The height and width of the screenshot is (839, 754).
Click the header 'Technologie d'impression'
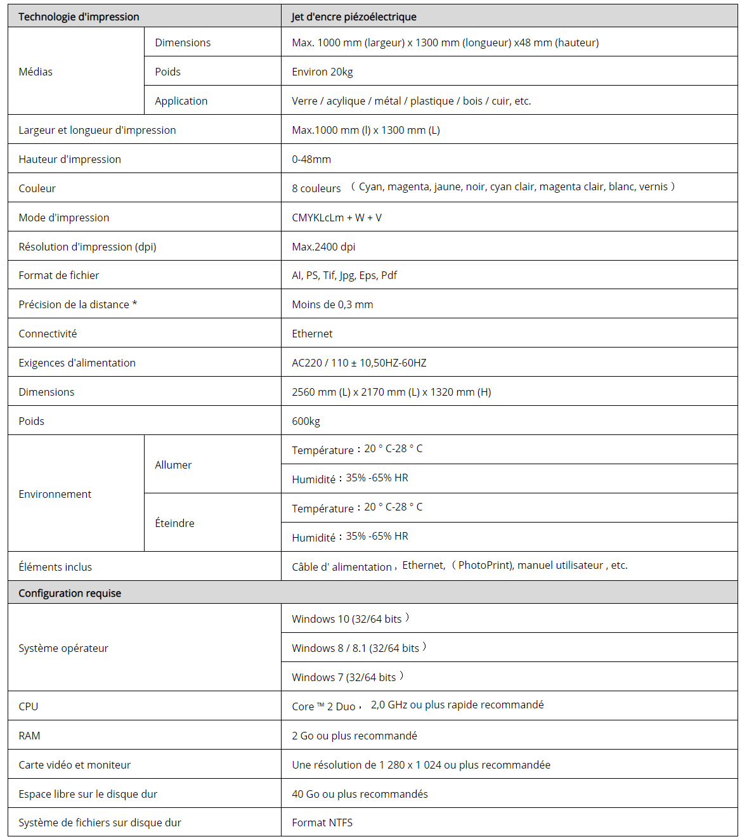tap(79, 16)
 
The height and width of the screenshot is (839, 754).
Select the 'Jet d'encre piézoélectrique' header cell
tap(354, 16)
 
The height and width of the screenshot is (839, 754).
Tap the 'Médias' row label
tap(36, 72)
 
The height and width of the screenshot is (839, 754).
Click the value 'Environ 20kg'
tap(322, 72)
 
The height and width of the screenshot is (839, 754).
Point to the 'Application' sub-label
tap(181, 101)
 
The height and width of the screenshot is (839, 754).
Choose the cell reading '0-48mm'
tap(311, 159)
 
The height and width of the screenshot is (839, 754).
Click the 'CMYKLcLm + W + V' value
tap(337, 218)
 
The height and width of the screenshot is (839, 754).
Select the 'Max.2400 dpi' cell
tap(323, 247)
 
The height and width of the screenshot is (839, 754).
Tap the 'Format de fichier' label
tap(59, 275)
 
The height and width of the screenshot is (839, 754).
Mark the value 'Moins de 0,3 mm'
tap(332, 304)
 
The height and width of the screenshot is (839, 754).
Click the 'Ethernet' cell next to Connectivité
tap(312, 334)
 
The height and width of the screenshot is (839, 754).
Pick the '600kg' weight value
tap(306, 421)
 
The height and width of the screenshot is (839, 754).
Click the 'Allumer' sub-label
tap(173, 465)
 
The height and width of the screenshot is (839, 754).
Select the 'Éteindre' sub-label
tap(174, 523)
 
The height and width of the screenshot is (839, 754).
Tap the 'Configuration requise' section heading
tap(70, 593)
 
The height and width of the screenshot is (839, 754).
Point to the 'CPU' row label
tap(29, 706)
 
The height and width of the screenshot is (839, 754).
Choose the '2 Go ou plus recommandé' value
tap(354, 736)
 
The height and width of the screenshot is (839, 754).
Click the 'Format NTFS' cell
tap(322, 823)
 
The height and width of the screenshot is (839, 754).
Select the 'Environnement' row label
tap(55, 494)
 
